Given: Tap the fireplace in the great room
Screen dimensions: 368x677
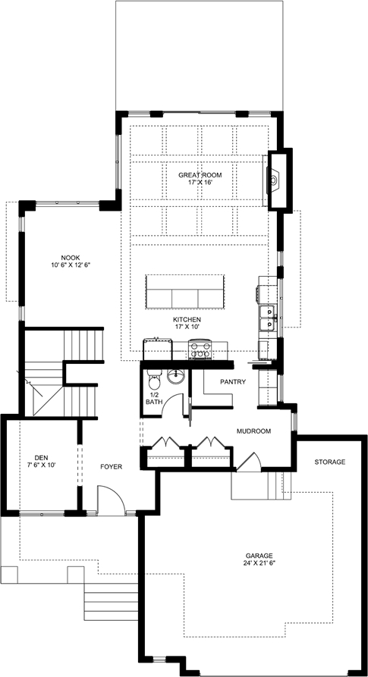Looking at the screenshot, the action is click(x=274, y=179).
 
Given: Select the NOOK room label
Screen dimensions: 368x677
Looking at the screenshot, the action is click(x=71, y=257).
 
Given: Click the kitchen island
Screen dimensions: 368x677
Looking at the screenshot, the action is click(x=185, y=292).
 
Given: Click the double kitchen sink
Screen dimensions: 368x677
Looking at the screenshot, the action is click(x=269, y=318).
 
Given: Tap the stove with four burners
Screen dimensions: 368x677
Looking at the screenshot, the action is click(x=200, y=349).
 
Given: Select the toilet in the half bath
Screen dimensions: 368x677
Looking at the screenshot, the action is click(x=153, y=381).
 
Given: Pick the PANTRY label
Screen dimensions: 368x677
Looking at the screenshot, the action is click(x=233, y=381).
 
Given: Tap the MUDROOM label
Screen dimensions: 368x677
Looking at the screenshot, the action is click(x=253, y=431).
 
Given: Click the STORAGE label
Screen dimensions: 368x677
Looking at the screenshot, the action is click(x=329, y=462).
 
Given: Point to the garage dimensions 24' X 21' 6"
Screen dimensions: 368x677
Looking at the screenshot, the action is click(x=260, y=563).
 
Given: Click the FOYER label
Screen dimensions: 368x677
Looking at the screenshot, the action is click(x=111, y=467).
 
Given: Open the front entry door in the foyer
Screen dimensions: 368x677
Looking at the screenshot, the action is click(x=111, y=500).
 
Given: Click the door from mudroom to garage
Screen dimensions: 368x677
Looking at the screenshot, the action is click(x=250, y=462).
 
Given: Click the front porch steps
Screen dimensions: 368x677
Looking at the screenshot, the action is click(x=111, y=601).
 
